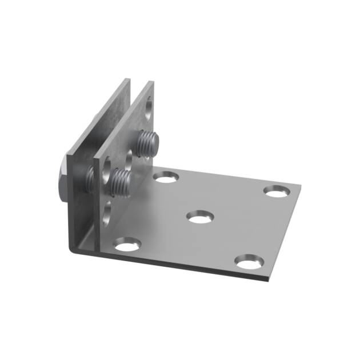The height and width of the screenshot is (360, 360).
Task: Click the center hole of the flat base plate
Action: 200,217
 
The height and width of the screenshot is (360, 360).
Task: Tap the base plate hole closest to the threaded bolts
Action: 166,178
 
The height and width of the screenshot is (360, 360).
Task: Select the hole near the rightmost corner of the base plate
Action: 277,191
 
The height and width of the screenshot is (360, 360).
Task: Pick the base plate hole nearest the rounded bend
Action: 127,246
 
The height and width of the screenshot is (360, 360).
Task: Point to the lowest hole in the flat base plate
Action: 249,262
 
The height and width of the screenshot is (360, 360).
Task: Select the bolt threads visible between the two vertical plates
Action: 90,181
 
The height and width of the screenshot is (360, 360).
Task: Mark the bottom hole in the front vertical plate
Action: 107,213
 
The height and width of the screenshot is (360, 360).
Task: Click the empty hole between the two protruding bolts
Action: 129,156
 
